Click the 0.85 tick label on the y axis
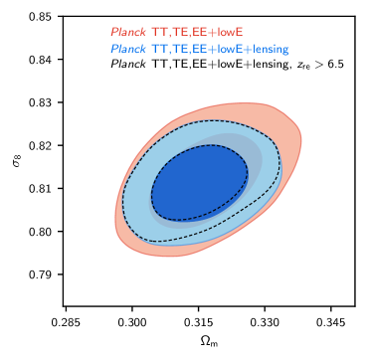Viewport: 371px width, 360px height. [x=42, y=17]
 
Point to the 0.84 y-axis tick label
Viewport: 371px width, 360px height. [x=42, y=60]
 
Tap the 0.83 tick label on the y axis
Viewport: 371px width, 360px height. [x=42, y=102]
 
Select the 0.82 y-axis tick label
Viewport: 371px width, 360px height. [x=42, y=145]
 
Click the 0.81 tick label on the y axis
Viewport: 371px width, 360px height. [x=42, y=189]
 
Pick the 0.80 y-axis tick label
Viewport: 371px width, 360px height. [x=42, y=232]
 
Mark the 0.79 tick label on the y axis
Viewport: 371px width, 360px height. [x=42, y=274]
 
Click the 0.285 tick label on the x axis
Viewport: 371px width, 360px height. [x=66, y=321]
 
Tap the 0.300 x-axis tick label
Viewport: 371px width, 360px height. [x=132, y=321]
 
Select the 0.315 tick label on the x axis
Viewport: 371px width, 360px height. [x=198, y=321]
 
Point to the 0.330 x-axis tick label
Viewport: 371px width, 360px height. [x=265, y=321]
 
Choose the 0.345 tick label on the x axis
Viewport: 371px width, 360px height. [x=331, y=321]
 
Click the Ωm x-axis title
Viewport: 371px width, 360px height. [x=209, y=341]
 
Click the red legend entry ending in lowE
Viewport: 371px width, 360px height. [x=177, y=32]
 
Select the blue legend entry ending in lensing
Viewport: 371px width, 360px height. [x=200, y=49]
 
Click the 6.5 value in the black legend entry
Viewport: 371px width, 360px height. [x=335, y=65]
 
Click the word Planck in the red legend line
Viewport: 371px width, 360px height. [x=128, y=32]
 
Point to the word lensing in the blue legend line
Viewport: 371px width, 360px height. [x=271, y=49]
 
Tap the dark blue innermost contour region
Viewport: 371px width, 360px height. [x=200, y=183]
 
